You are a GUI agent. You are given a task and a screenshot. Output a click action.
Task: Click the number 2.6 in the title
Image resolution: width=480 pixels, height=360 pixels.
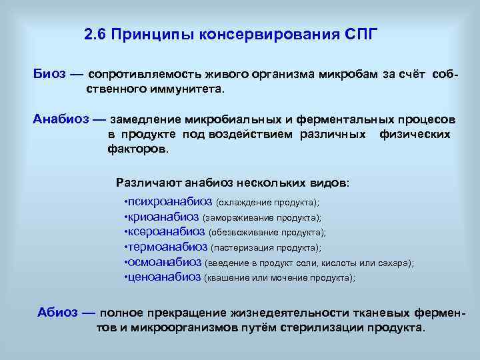tap(96, 34)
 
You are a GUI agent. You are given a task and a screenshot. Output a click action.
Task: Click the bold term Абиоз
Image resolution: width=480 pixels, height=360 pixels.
tap(59, 313)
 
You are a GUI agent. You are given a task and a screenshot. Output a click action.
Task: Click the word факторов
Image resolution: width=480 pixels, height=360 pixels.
tap(138, 149)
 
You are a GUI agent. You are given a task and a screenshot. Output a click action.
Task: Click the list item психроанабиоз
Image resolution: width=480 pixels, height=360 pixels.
tap(169, 201)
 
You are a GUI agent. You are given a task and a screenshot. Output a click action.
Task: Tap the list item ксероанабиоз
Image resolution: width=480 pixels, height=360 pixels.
tap(166, 232)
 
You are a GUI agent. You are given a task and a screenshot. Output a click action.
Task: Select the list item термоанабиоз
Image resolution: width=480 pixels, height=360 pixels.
tap(167, 247)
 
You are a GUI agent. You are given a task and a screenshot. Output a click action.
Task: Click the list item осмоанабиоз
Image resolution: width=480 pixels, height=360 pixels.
tap(165, 263)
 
